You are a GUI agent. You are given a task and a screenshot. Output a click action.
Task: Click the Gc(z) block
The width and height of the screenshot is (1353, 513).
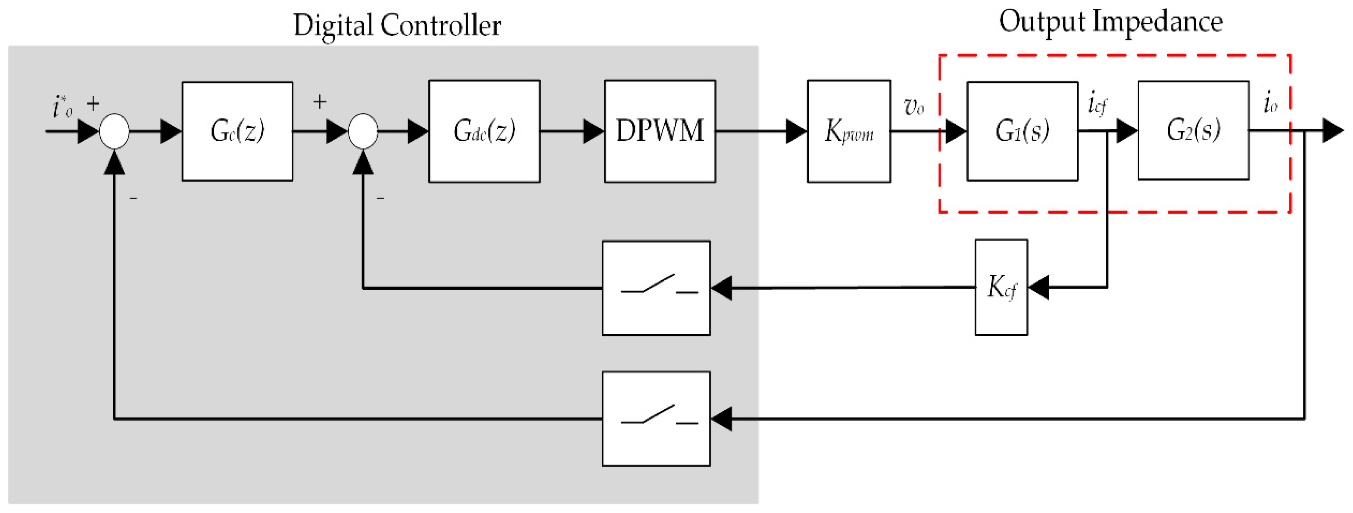point(237,131)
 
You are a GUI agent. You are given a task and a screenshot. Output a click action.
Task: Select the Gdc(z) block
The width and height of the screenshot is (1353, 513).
point(484,131)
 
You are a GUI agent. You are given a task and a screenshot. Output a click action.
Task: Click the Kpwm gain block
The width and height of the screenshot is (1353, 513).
point(848,131)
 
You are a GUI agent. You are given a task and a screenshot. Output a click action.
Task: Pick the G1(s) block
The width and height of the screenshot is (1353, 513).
point(1022,131)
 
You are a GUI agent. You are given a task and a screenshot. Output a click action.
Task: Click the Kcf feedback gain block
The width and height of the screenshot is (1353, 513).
point(1001,287)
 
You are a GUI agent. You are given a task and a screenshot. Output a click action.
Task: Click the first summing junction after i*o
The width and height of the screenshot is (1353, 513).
point(114,131)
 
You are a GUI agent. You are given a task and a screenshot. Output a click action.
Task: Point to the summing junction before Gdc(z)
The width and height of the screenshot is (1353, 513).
point(363,131)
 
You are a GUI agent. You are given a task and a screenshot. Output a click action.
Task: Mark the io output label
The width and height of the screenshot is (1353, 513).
point(1270,103)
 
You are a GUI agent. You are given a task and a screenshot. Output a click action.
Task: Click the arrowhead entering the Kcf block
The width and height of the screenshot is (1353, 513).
point(1038,287)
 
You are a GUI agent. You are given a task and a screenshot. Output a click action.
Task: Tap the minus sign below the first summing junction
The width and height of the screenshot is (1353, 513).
point(133,199)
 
